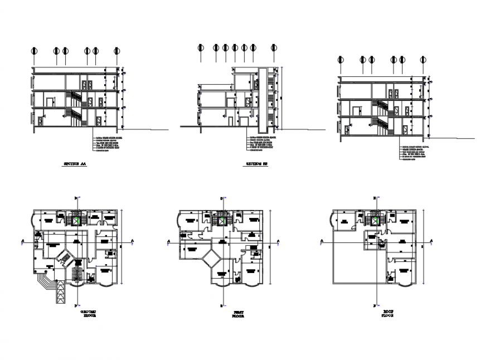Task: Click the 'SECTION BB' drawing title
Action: (257, 165)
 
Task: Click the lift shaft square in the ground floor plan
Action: (74, 221)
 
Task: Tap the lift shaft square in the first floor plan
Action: (222, 221)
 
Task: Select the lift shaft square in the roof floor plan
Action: (376, 221)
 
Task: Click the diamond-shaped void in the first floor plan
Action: (212, 259)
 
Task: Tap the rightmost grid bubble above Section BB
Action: (274, 48)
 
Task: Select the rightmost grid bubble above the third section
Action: (423, 60)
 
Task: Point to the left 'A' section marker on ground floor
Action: (22, 241)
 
